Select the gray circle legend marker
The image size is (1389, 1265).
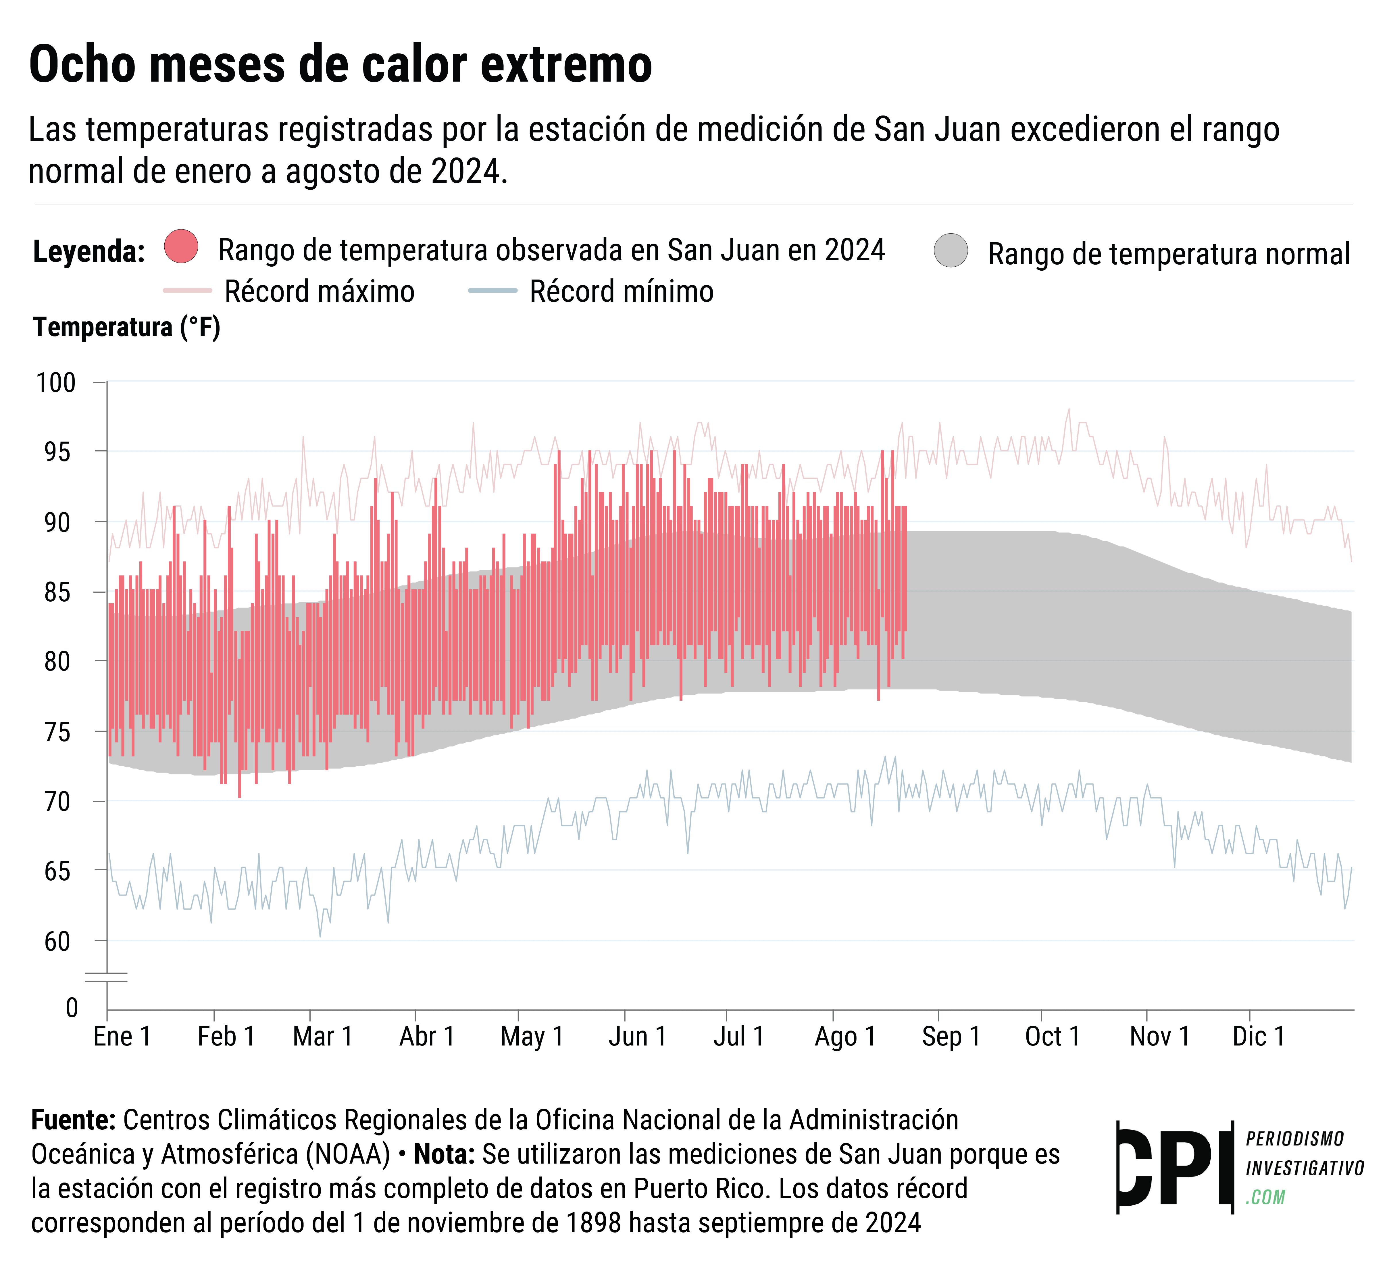[x=951, y=250]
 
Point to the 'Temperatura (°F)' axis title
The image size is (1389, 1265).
[x=127, y=327]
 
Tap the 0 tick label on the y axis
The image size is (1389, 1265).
[x=72, y=1008]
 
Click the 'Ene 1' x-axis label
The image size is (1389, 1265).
[x=122, y=1036]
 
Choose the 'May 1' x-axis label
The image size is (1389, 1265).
[x=532, y=1036]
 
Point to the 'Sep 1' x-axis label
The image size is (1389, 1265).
[x=951, y=1036]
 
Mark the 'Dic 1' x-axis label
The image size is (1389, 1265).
[x=1259, y=1036]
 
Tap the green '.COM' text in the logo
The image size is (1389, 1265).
[x=1266, y=1197]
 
